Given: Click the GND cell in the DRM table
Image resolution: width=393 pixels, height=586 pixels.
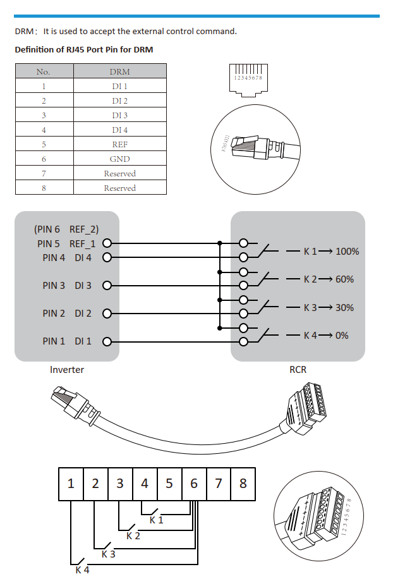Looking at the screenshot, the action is pos(120,159).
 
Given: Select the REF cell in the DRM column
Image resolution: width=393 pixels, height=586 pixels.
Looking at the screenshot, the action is pos(120,144).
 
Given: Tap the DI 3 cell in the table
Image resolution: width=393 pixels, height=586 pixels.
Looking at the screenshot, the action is pos(120,115).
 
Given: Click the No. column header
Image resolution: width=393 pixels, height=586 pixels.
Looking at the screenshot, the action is pos(44,71).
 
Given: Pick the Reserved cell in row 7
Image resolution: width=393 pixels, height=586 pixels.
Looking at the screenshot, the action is pos(120,173).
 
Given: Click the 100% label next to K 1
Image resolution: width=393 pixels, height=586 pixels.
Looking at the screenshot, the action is pos(347,251).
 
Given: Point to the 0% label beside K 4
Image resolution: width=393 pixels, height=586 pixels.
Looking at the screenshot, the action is pos(341,335).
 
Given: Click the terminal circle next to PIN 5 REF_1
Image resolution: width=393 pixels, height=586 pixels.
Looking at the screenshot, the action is pos(107,243).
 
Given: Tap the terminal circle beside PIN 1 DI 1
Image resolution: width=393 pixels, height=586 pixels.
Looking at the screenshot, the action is pos(107,341).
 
